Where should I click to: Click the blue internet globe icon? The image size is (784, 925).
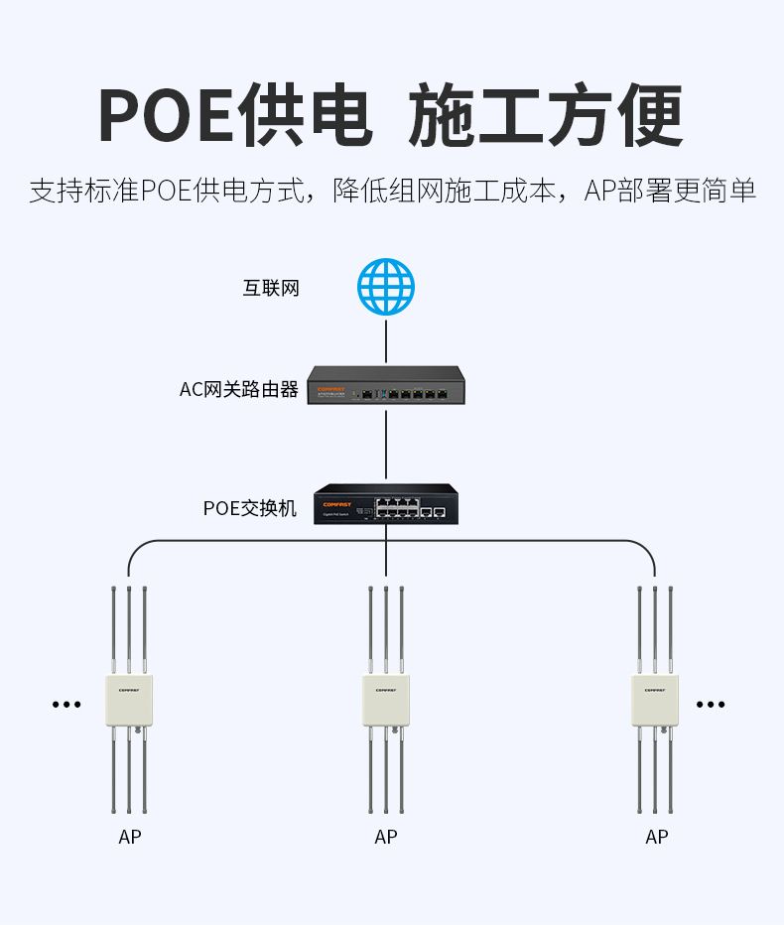coord(386,287)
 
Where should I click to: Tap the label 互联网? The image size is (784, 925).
coord(271,289)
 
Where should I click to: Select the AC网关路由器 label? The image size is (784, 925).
coord(239,390)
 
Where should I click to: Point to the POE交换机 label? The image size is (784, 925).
coord(250,509)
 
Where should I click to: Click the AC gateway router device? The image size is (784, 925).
coord(386,386)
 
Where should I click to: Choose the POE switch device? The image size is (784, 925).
coord(386,505)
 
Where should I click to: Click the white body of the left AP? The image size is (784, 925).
coord(128,701)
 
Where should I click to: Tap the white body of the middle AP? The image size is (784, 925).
coord(386,701)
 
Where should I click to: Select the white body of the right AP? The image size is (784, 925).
coord(655,701)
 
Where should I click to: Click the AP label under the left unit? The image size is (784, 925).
coord(130,838)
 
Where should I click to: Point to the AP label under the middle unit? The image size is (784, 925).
coord(386,838)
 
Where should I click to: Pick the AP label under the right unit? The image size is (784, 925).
coord(657,838)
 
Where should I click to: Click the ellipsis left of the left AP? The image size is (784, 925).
coord(66,705)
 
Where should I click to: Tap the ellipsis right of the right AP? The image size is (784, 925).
coord(711,705)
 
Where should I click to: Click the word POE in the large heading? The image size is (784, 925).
coord(166,118)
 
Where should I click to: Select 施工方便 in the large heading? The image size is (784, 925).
coord(546,118)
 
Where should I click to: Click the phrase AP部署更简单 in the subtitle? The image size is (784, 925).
coord(670,191)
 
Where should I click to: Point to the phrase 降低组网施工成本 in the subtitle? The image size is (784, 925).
coord(445,191)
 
